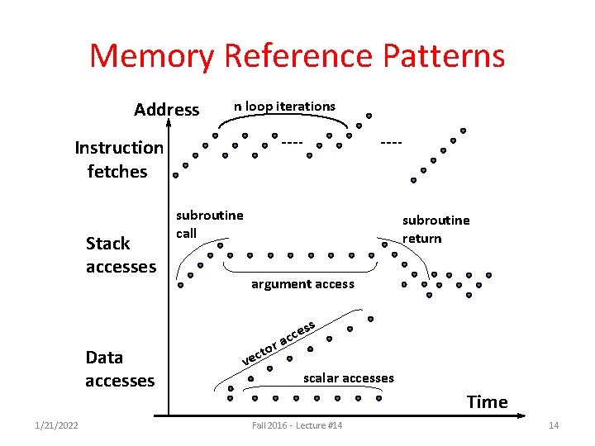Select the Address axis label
tap(166, 110)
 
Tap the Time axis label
tap(487, 402)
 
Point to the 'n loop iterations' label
tap(284, 106)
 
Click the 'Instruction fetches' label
tap(119, 159)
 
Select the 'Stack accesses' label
tap(121, 254)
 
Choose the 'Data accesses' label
tap(119, 368)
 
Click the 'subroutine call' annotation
tap(209, 224)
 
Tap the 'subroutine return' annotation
tap(436, 229)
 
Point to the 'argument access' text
tap(302, 284)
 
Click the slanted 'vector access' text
tap(278, 344)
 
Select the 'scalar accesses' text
tap(348, 378)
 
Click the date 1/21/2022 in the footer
tap(57, 425)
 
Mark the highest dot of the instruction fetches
tap(369, 116)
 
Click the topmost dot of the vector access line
tap(370, 319)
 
